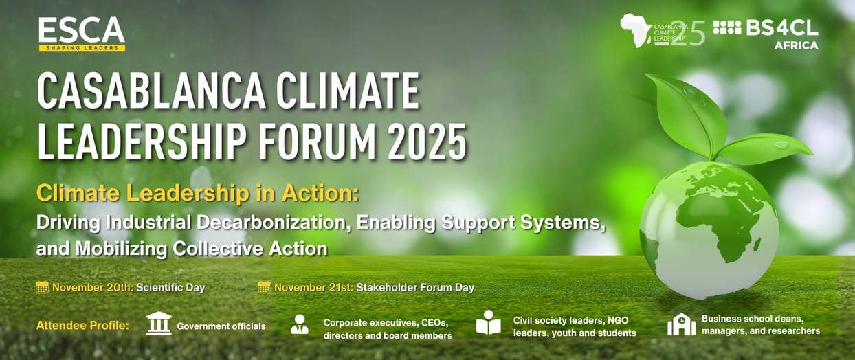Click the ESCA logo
(x=82, y=34)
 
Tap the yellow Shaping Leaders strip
(x=82, y=47)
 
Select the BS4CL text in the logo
(x=782, y=28)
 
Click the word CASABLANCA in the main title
(x=151, y=91)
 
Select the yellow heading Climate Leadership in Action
(x=198, y=193)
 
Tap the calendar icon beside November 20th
(x=42, y=287)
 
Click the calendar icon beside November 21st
(x=264, y=287)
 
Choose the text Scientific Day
(x=170, y=288)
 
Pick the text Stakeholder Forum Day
(x=415, y=288)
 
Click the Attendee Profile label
(x=82, y=326)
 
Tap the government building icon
(x=159, y=324)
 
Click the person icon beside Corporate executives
(x=300, y=324)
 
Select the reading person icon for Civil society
(x=488, y=323)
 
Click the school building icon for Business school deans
(x=681, y=324)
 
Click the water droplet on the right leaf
(x=781, y=145)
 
